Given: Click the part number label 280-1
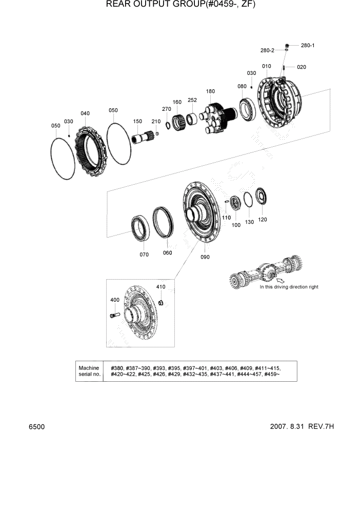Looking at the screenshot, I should [308, 46].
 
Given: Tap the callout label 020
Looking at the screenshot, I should [301, 67].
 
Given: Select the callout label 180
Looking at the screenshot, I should [210, 91].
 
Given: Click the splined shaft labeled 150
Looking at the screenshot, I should [143, 138].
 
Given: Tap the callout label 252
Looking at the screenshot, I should [192, 101].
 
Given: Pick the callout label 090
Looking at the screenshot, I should [205, 257].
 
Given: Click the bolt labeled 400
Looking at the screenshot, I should [114, 315].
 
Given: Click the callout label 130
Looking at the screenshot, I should [249, 222].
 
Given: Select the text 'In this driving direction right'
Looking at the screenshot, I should [288, 287].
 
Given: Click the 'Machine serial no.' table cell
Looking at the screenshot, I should [89, 371].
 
